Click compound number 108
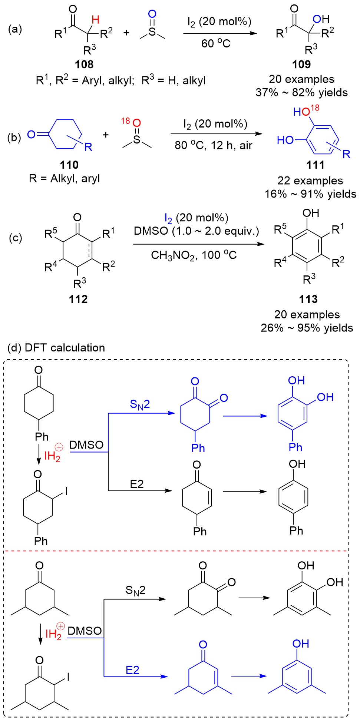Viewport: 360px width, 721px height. [x=84, y=65]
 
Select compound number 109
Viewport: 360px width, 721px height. [x=301, y=65]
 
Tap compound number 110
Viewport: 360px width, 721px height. [x=69, y=165]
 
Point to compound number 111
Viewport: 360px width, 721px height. [x=315, y=165]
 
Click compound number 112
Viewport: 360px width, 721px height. [x=78, y=299]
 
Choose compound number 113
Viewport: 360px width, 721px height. [x=308, y=299]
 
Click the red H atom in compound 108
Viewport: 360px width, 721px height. [x=95, y=20]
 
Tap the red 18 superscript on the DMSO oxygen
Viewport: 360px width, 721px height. [x=125, y=121]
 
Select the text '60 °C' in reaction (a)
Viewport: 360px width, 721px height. [x=216, y=44]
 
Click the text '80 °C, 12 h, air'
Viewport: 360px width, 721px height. [x=213, y=145]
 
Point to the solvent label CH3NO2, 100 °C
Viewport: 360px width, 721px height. [x=194, y=255]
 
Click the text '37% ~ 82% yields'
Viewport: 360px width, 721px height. [x=301, y=93]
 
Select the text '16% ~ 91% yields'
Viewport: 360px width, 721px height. [x=310, y=194]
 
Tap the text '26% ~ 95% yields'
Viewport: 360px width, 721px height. [x=307, y=328]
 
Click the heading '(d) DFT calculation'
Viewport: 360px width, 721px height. [x=56, y=348]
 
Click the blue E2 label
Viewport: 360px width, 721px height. [x=132, y=670]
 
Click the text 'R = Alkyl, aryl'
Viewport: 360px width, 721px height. [x=64, y=179]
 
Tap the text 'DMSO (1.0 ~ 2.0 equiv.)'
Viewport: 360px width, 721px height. [x=196, y=231]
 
